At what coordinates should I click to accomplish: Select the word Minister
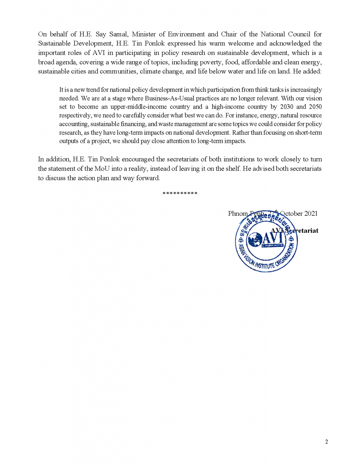click(144, 34)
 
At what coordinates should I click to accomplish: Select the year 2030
click(287, 107)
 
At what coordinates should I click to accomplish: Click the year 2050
click(315, 107)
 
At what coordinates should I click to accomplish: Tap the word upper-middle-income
click(139, 107)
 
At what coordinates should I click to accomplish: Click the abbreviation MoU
click(102, 169)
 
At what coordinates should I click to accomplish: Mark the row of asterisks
click(180, 194)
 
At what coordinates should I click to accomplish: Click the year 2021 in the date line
click(311, 214)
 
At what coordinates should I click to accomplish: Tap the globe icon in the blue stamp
click(255, 240)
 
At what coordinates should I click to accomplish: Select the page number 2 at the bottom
click(326, 442)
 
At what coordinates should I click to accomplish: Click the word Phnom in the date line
click(238, 214)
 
